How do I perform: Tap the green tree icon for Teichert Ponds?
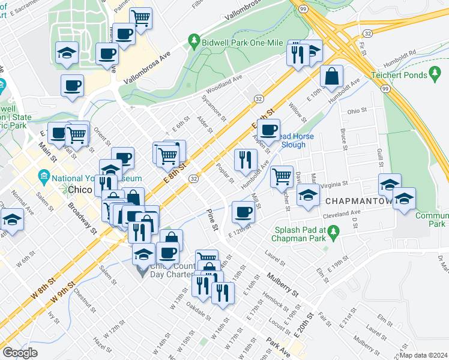point(436,74)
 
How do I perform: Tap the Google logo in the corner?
point(20,353)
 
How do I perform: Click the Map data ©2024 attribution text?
point(424,355)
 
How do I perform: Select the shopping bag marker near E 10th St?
point(331,76)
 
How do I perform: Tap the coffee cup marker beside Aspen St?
point(269,128)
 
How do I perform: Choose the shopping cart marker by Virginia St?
point(282,176)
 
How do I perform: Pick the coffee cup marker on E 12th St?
point(243,211)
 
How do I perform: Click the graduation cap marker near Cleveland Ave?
point(309,196)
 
